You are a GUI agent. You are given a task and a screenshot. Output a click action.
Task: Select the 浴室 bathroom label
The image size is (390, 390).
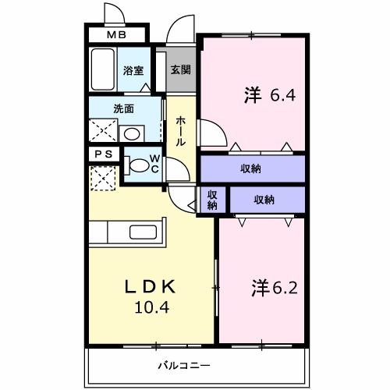(133, 70)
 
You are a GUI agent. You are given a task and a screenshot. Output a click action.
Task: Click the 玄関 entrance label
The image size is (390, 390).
(181, 69)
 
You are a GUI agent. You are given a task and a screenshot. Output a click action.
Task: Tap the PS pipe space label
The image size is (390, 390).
(104, 154)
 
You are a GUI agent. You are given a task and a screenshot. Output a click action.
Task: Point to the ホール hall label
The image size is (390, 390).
(180, 131)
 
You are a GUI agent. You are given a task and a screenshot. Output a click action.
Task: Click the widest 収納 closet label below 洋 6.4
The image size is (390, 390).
(250, 168)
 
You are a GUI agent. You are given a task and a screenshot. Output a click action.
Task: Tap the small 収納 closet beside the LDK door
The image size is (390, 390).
(211, 200)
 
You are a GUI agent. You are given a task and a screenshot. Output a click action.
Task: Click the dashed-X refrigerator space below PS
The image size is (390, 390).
(102, 179)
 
